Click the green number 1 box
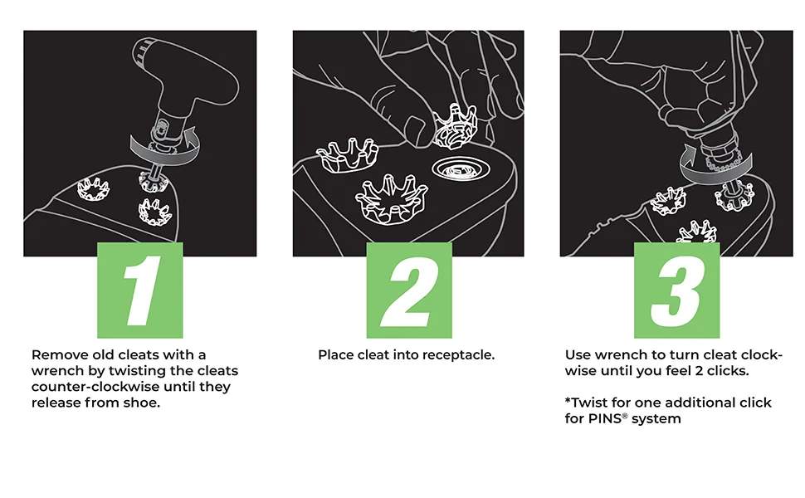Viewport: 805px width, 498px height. [140, 290]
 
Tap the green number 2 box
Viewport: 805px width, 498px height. [409, 290]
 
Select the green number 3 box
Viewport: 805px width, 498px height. [676, 290]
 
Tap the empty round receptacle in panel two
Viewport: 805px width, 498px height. [461, 168]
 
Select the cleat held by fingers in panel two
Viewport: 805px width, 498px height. [455, 126]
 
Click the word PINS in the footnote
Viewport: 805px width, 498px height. [605, 418]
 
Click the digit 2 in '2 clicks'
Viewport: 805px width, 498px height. [699, 371]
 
